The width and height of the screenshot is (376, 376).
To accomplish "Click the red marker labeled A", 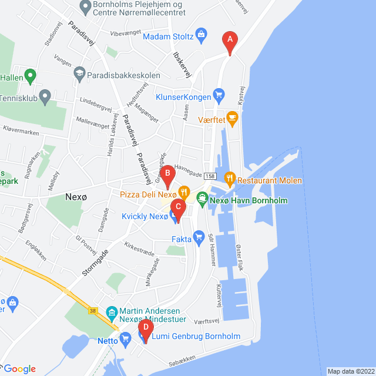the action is pos(229,42).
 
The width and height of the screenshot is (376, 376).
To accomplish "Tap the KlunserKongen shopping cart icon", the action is pos(219,94).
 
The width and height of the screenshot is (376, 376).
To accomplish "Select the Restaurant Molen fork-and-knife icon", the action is pos(230,177).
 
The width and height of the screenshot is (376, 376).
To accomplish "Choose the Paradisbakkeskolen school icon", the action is pos(78,75).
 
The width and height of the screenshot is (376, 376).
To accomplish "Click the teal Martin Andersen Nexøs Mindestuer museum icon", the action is pos(111,311).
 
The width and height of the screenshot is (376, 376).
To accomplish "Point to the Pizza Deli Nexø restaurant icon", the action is pos(184,192).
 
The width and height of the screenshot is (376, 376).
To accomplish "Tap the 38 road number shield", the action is pos(93,310).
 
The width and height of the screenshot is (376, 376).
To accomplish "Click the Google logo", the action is pos(19,368).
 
